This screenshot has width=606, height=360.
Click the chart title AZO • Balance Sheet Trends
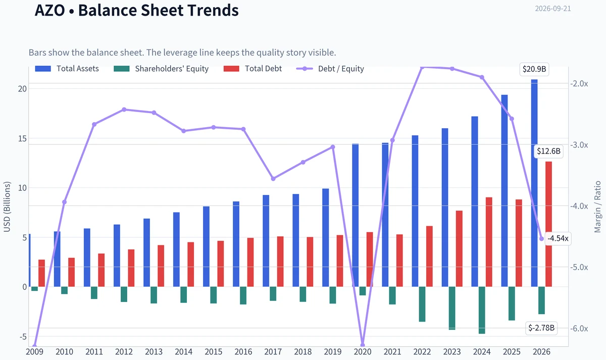(x=137, y=10)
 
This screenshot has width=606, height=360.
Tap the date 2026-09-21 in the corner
(x=553, y=9)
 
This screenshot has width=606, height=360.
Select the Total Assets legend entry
(x=67, y=69)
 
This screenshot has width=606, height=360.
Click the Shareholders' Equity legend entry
(x=161, y=69)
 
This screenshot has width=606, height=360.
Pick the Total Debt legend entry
(x=252, y=69)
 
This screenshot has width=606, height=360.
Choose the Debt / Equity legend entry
(x=330, y=69)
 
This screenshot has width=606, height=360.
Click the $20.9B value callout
(x=534, y=69)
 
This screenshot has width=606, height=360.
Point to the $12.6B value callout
(x=548, y=151)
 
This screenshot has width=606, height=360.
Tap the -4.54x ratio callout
(x=558, y=238)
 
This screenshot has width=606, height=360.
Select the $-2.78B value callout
(x=541, y=328)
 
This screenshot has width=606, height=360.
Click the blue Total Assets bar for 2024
(x=475, y=201)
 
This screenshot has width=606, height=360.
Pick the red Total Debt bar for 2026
(x=548, y=224)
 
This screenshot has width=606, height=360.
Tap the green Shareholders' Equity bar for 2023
(x=452, y=308)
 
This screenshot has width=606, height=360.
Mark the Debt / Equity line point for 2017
(x=273, y=179)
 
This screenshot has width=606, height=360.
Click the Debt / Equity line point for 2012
(x=124, y=110)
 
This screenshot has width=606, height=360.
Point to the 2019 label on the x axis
(x=333, y=352)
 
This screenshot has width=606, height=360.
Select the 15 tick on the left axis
(x=22, y=138)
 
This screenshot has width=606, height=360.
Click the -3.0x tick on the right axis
(x=579, y=145)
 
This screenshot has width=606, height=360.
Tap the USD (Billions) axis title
(x=7, y=207)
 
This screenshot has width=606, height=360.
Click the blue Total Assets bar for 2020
(x=356, y=215)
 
